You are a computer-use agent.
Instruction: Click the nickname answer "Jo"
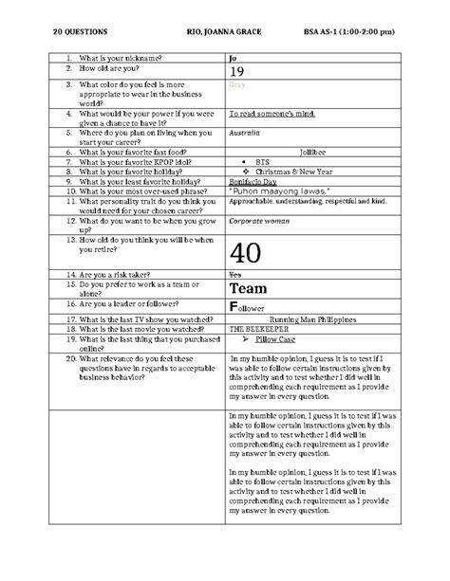tap(234, 60)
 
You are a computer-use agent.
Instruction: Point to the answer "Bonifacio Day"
tap(253, 180)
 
